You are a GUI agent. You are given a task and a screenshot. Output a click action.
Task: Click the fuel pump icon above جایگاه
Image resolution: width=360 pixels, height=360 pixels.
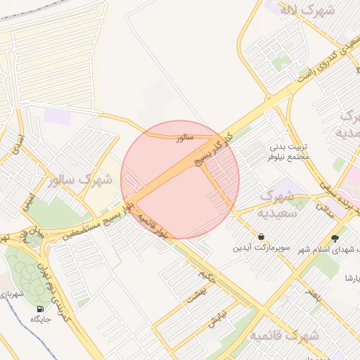pyautogui.click(x=39, y=309)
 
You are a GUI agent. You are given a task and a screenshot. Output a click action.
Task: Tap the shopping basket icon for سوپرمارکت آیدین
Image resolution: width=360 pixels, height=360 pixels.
pyautogui.click(x=262, y=238)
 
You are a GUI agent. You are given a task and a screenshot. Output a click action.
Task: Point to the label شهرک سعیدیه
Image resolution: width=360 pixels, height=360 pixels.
pyautogui.click(x=275, y=202)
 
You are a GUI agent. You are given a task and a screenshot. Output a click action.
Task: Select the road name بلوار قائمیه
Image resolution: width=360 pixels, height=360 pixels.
pyautogui.click(x=154, y=225)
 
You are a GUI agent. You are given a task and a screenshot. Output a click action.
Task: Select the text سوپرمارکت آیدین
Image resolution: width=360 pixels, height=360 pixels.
pyautogui.click(x=262, y=250)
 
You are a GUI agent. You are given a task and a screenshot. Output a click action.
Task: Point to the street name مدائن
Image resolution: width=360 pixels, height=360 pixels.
pyautogui.click(x=324, y=207)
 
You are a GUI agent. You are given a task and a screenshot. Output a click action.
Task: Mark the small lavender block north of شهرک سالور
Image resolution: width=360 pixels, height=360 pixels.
pyautogui.click(x=57, y=116)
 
